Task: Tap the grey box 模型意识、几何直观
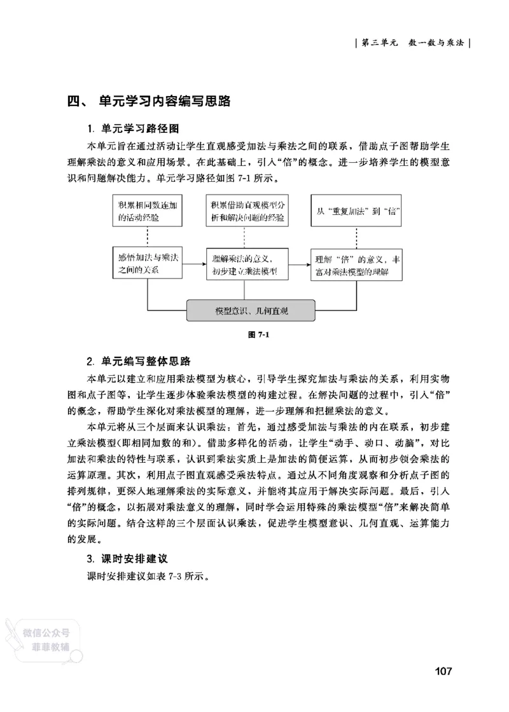point(251,311)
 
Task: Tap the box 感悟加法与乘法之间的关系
point(147,263)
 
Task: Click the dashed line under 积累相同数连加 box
point(147,237)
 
